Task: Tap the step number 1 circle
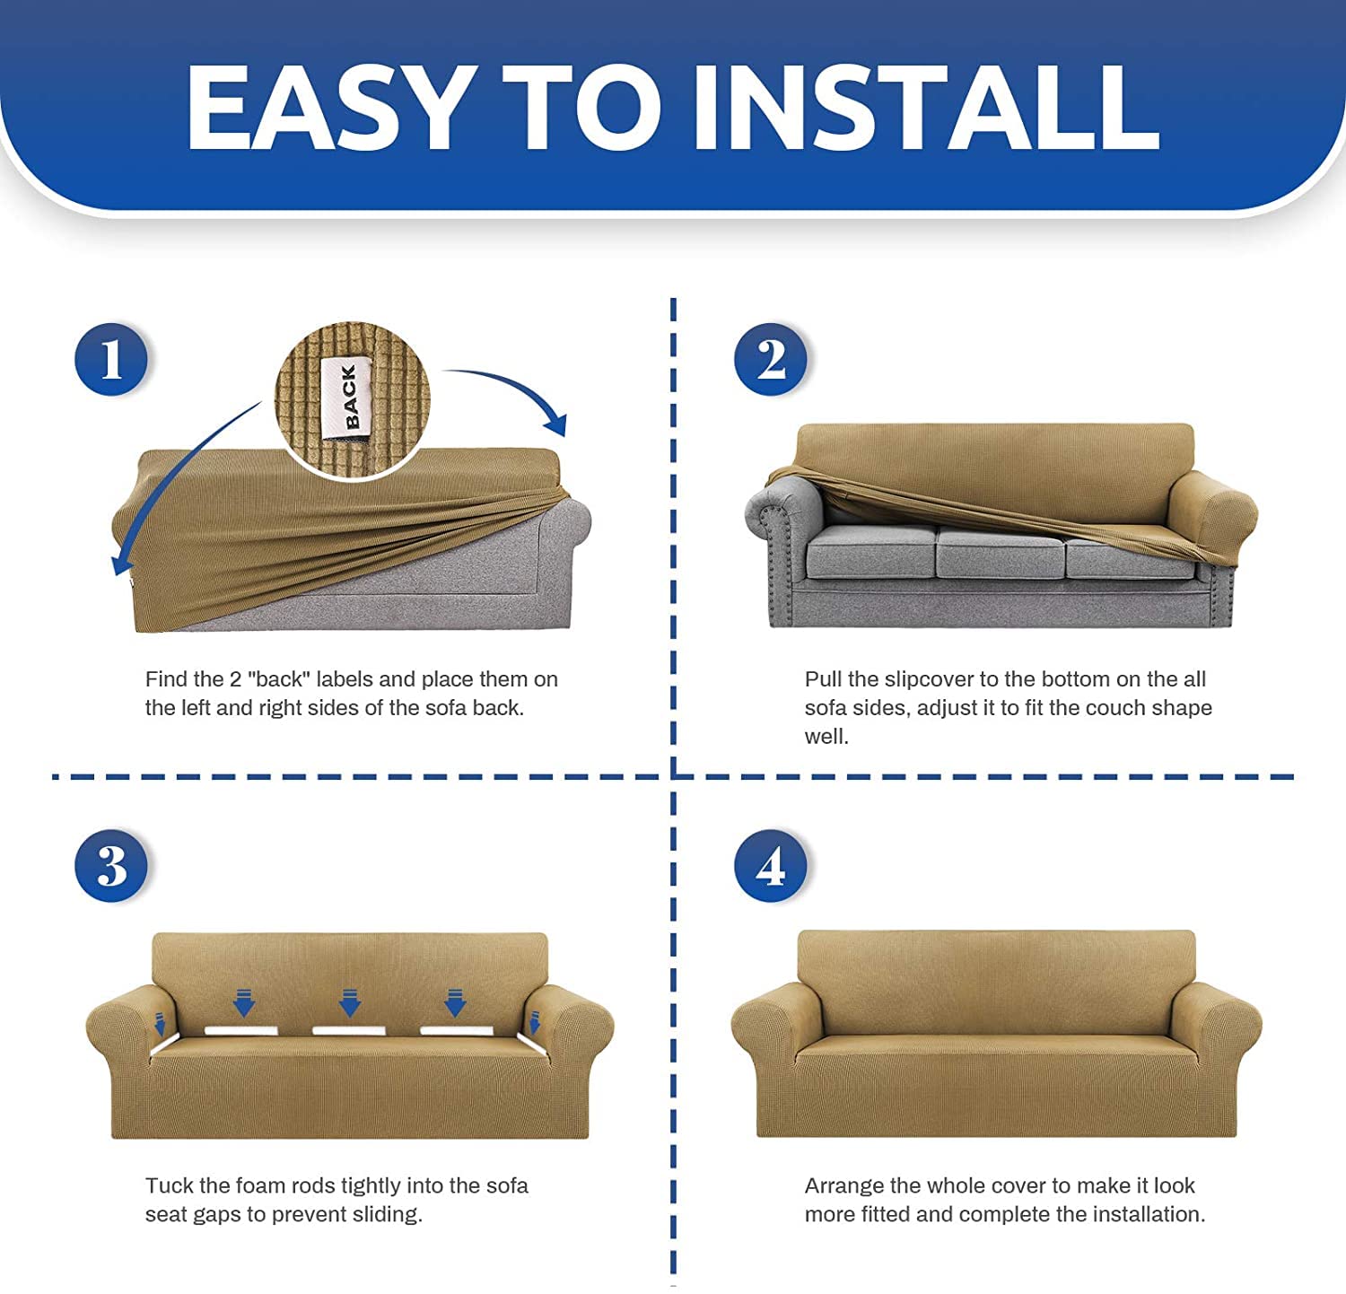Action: point(110,359)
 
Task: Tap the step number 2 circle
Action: point(770,359)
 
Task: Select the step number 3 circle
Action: point(110,866)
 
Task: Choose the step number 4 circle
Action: point(770,866)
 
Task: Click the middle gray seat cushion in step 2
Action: point(999,553)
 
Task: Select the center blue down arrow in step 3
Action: point(349,1001)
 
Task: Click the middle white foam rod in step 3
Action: point(349,1030)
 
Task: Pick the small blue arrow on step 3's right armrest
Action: point(535,1022)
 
